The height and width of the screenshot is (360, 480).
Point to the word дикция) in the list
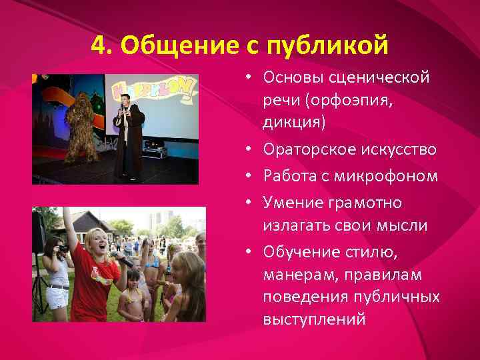294,122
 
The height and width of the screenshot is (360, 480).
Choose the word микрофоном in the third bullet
390,176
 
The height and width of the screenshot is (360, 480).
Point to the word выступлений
315,319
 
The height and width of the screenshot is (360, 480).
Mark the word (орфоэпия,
359,100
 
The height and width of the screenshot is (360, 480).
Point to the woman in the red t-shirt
97,267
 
